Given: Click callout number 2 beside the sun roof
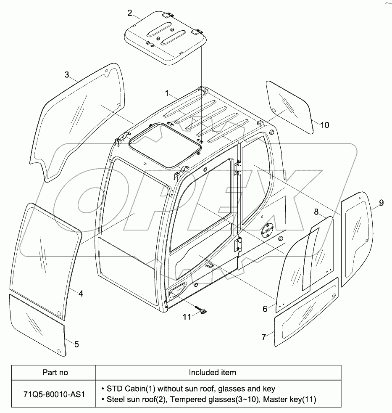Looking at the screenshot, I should click(x=130, y=12).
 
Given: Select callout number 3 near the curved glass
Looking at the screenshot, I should click(x=67, y=75).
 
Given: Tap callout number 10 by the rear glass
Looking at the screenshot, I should click(x=325, y=125).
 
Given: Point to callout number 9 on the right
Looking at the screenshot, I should click(x=381, y=203).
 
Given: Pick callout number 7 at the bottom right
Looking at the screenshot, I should click(x=263, y=337).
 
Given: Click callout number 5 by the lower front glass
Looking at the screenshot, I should click(x=76, y=344).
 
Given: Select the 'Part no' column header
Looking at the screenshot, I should click(x=55, y=372).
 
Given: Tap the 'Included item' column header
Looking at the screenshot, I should click(x=212, y=372).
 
